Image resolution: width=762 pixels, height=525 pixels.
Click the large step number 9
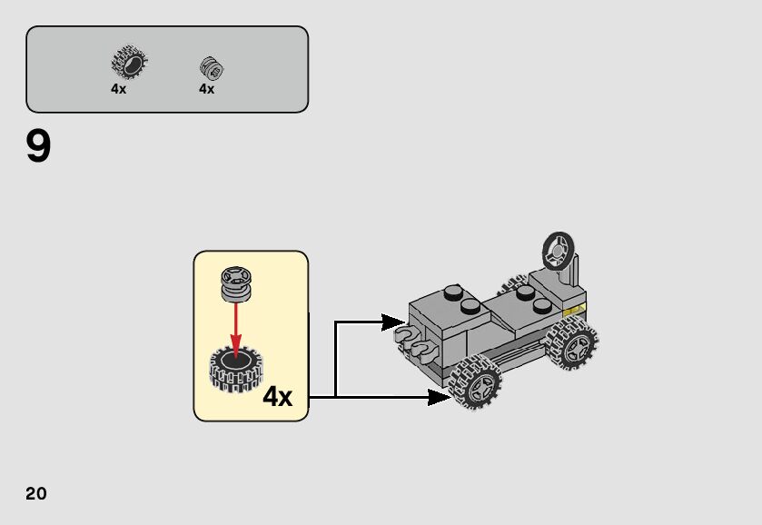[x=39, y=147]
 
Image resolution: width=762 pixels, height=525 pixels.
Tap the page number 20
[x=36, y=493]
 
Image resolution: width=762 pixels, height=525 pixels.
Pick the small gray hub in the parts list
[x=212, y=68]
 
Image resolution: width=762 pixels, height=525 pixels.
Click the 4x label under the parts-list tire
[x=119, y=89]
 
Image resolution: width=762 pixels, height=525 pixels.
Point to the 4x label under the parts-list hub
[x=207, y=89]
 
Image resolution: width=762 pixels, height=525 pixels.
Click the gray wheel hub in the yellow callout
[x=236, y=283]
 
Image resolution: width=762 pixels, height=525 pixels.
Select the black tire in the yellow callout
[x=236, y=368]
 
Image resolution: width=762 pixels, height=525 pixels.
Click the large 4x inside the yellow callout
[x=277, y=397]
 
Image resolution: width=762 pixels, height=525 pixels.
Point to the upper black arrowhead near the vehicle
[x=393, y=322]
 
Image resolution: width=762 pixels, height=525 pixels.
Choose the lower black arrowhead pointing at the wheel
[x=439, y=397]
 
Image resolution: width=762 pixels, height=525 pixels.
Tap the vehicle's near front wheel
[x=474, y=382]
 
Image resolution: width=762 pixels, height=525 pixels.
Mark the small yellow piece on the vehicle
[x=573, y=312]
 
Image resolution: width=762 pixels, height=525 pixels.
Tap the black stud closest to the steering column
[x=524, y=293]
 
